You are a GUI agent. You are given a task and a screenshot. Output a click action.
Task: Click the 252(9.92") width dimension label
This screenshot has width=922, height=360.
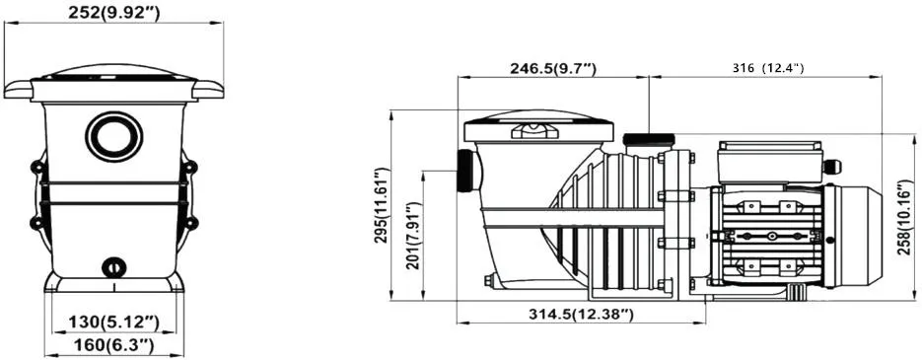tap(113, 13)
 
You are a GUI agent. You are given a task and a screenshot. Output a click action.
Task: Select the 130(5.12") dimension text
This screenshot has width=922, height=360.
tap(114, 322)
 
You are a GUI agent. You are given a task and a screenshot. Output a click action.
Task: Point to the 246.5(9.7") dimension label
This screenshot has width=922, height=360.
tap(553, 69)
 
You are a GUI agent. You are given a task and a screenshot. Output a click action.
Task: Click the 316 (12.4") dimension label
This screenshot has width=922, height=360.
tap(767, 68)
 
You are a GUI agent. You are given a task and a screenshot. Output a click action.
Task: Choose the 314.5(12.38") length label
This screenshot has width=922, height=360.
tap(581, 315)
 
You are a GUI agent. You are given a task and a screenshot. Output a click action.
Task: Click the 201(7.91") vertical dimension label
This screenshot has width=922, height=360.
tap(413, 236)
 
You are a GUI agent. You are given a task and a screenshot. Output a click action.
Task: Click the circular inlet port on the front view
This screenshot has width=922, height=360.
tap(114, 136)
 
